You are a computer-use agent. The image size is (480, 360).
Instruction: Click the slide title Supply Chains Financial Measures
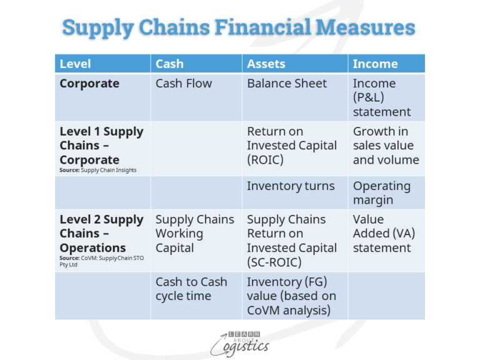click(239, 28)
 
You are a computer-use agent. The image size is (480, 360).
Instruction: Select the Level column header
click(76, 64)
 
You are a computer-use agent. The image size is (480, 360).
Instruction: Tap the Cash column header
click(169, 64)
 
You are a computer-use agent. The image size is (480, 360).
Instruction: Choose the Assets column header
click(266, 64)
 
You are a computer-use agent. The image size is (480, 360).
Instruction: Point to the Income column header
click(375, 64)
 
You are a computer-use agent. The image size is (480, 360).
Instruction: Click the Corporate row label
click(89, 83)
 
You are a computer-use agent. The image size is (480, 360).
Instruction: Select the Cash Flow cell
click(184, 83)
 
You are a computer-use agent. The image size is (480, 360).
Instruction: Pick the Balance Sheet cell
click(287, 83)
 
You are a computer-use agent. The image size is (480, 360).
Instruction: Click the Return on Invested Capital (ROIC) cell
click(292, 146)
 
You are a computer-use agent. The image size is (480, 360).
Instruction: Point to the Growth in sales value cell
click(386, 146)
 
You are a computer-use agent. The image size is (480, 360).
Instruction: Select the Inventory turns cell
click(291, 186)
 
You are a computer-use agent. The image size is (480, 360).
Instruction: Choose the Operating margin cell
click(382, 193)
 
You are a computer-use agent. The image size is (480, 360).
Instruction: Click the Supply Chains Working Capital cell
click(194, 234)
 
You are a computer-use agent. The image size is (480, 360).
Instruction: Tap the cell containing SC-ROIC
click(292, 241)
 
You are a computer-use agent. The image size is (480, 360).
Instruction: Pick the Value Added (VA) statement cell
click(384, 234)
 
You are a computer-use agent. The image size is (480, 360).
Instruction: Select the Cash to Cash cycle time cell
click(191, 289)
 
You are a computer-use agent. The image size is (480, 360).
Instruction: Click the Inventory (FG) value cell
click(291, 296)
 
